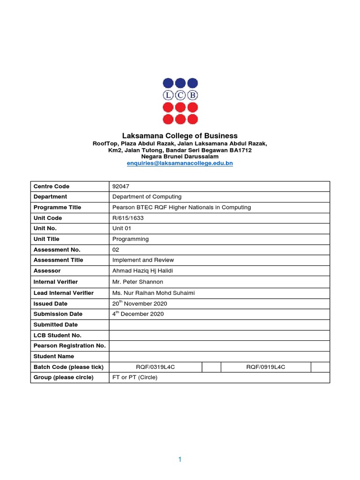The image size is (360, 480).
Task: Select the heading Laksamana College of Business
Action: pyautogui.click(x=180, y=136)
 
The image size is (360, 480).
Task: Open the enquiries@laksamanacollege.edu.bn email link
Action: pyautogui.click(x=180, y=163)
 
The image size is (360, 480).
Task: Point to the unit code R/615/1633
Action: pyautogui.click(x=127, y=218)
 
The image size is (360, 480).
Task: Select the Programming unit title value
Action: pyautogui.click(x=130, y=239)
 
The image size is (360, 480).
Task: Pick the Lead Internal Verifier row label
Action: pyautogui.click(x=63, y=293)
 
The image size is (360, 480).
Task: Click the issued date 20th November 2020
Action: pyautogui.click(x=140, y=303)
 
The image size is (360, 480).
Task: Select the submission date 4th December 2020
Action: pyautogui.click(x=138, y=314)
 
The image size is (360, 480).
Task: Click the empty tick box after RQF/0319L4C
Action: pyautogui.click(x=211, y=367)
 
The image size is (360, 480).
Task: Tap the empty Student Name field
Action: pyautogui.click(x=219, y=356)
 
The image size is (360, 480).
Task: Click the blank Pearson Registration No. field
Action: pyautogui.click(x=219, y=346)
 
